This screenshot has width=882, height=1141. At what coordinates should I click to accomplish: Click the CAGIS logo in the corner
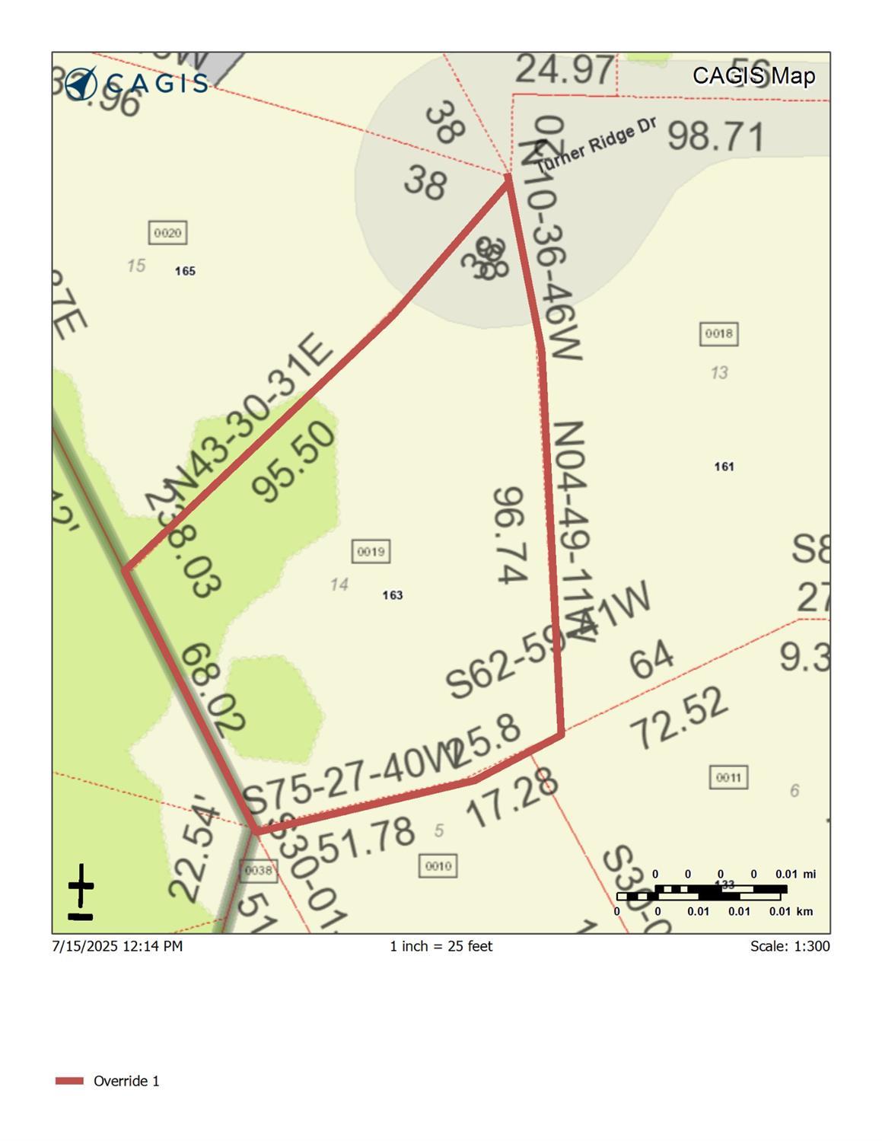[135, 82]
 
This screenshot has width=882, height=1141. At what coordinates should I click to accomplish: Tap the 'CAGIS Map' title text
[753, 76]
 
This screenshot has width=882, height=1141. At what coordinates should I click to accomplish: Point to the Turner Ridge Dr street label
[596, 145]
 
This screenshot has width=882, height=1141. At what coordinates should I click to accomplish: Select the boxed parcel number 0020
[167, 233]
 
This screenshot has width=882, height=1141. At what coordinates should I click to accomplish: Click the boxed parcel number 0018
[718, 333]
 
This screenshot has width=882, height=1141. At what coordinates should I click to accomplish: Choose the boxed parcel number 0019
[371, 551]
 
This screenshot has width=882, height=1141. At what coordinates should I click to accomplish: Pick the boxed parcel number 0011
[728, 777]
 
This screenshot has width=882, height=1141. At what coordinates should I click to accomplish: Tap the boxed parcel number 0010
[438, 865]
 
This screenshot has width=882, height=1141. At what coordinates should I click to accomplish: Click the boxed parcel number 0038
[258, 870]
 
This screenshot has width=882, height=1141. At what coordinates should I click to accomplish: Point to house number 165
[185, 271]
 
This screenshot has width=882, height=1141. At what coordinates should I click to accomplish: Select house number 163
[393, 595]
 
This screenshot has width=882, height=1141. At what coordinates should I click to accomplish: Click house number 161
[724, 467]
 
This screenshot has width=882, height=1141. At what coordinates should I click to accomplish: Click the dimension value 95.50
[295, 462]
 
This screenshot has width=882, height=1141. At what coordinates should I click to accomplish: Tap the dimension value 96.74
[511, 536]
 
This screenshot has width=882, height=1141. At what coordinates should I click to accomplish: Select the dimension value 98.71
[715, 137]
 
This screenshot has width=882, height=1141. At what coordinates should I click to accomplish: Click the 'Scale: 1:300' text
[789, 946]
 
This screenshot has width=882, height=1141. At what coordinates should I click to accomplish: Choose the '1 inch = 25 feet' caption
[441, 946]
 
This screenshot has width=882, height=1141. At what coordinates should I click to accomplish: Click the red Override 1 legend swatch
[69, 1081]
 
